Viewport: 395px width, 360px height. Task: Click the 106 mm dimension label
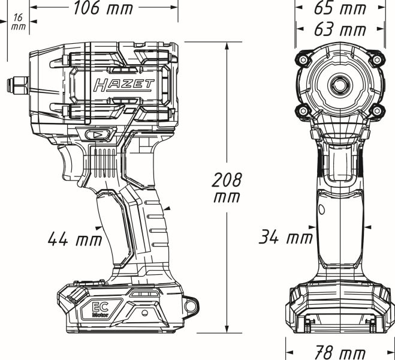103,8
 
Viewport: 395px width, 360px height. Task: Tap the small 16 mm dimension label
19,22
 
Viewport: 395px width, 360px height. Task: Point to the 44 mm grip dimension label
75,239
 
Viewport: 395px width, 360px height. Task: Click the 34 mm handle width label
286,237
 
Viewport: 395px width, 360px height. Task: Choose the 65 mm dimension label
340,8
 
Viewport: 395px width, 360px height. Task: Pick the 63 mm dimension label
340,29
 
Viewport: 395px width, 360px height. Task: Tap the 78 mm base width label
340,352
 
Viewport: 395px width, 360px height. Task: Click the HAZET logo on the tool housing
123,85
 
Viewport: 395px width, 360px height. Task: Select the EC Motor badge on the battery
100,310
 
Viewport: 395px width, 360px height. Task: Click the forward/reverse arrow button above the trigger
98,135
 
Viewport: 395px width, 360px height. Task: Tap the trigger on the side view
71,164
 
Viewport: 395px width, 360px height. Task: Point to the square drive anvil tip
17,86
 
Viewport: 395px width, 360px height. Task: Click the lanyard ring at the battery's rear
191,306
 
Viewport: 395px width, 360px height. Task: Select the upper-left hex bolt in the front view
303,60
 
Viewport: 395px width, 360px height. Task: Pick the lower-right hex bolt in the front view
377,110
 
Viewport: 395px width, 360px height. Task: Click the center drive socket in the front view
340,85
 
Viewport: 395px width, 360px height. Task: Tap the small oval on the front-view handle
322,209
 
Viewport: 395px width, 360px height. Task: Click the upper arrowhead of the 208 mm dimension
227,46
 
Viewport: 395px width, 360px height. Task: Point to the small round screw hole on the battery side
144,313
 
